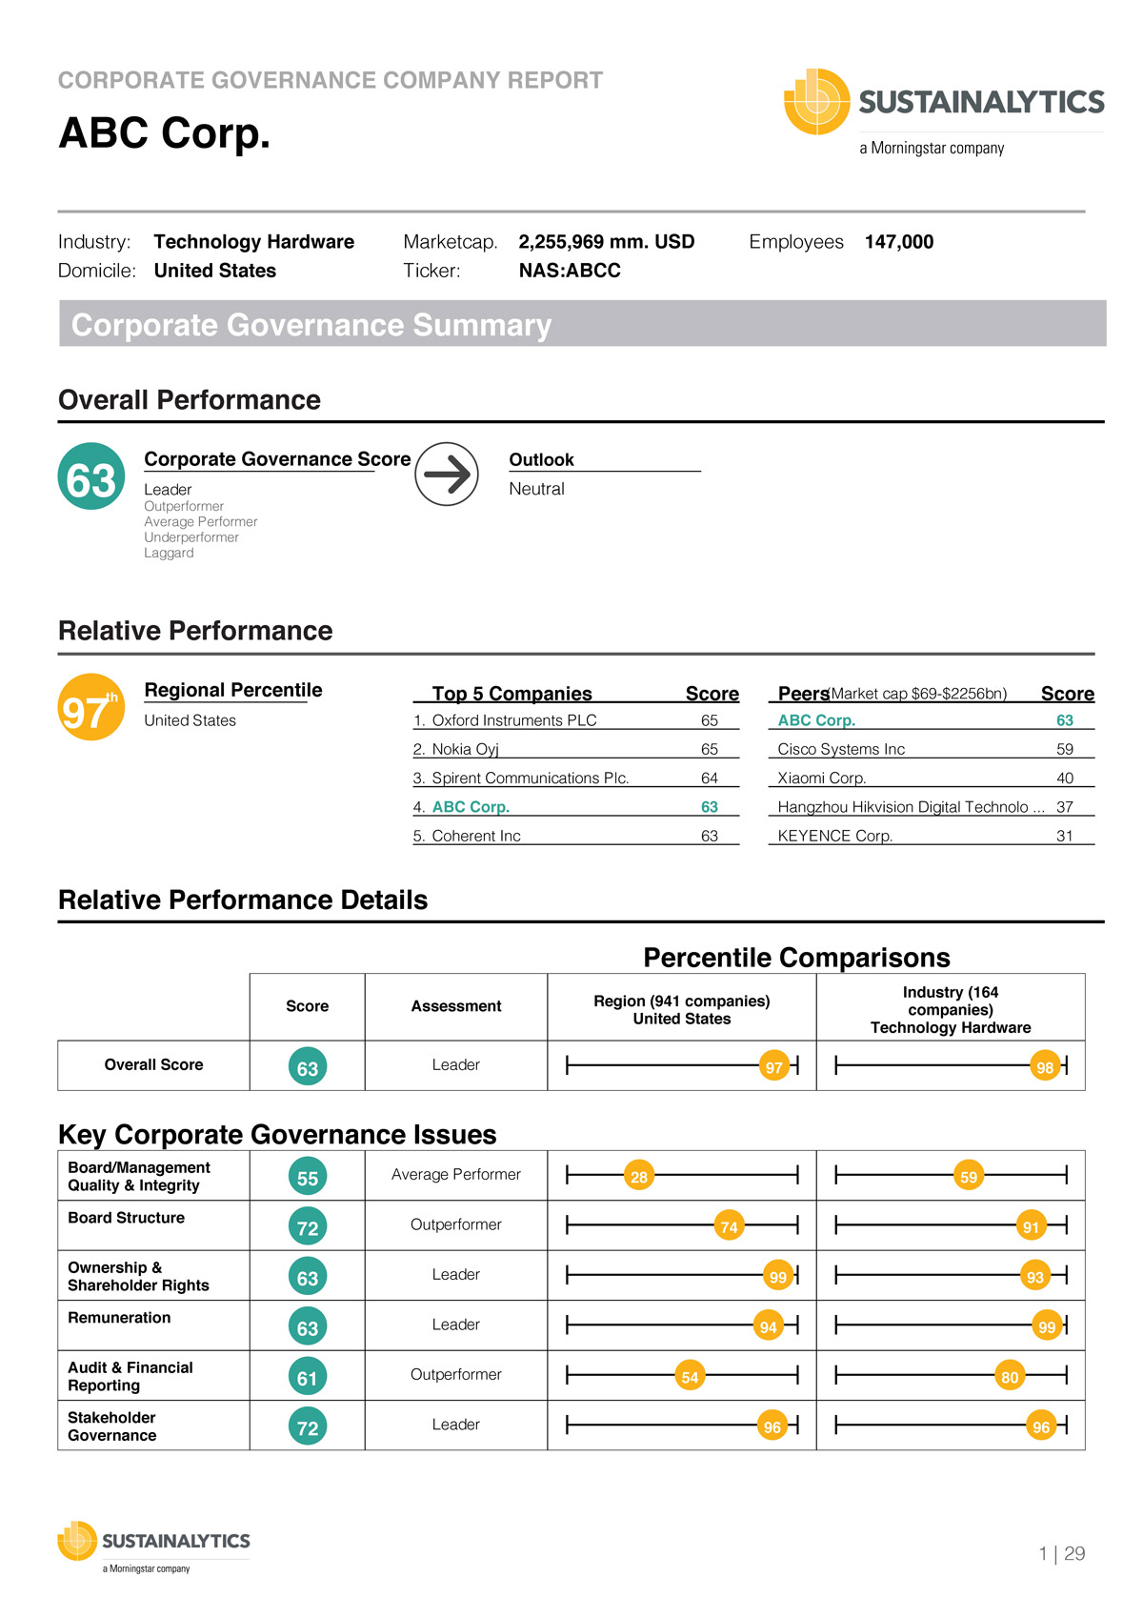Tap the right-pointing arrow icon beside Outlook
(x=447, y=474)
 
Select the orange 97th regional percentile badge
(x=90, y=707)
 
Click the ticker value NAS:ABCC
(x=570, y=271)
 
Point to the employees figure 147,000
(x=898, y=242)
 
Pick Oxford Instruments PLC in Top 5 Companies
(x=513, y=720)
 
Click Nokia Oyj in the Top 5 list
(x=465, y=749)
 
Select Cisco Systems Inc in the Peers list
(x=841, y=749)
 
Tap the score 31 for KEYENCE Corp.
(x=1064, y=836)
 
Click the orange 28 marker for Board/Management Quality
(x=639, y=1177)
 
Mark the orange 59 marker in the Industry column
(x=969, y=1177)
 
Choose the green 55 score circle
(x=307, y=1178)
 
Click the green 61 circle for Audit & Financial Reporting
(x=307, y=1378)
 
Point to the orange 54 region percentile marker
(x=690, y=1377)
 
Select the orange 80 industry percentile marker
(x=1010, y=1377)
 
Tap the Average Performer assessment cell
(x=455, y=1175)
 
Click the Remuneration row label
(x=119, y=1318)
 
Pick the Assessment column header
(x=455, y=1006)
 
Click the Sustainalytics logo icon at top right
(x=816, y=101)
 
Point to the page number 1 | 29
(x=1061, y=1554)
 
